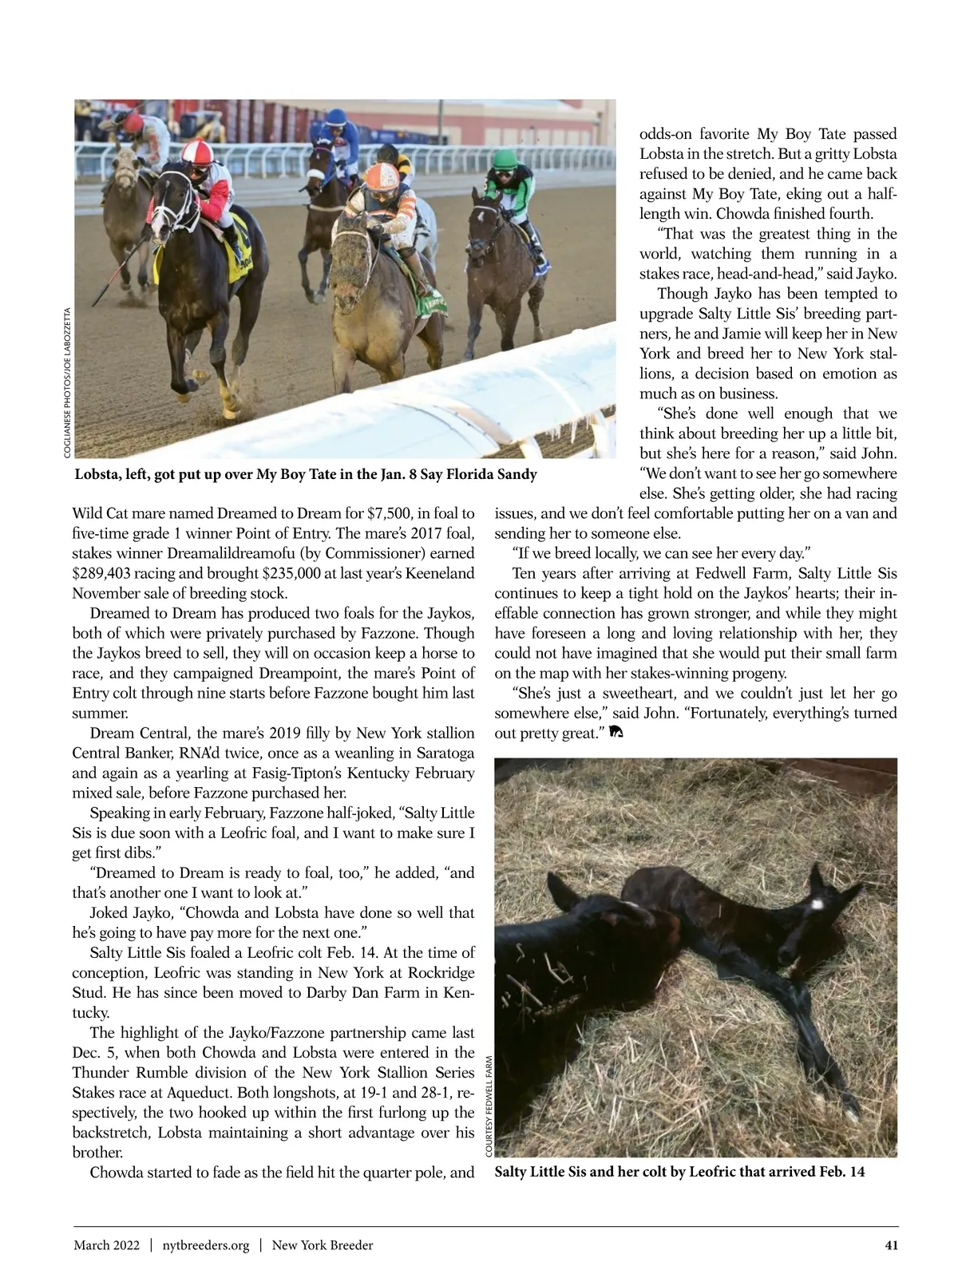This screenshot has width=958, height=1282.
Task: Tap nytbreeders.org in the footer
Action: pyautogui.click(x=206, y=1245)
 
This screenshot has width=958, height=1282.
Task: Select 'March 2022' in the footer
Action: pyautogui.click(x=107, y=1245)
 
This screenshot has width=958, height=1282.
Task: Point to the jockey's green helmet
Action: pyautogui.click(x=503, y=159)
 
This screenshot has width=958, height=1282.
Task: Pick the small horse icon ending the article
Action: pyautogui.click(x=615, y=733)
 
